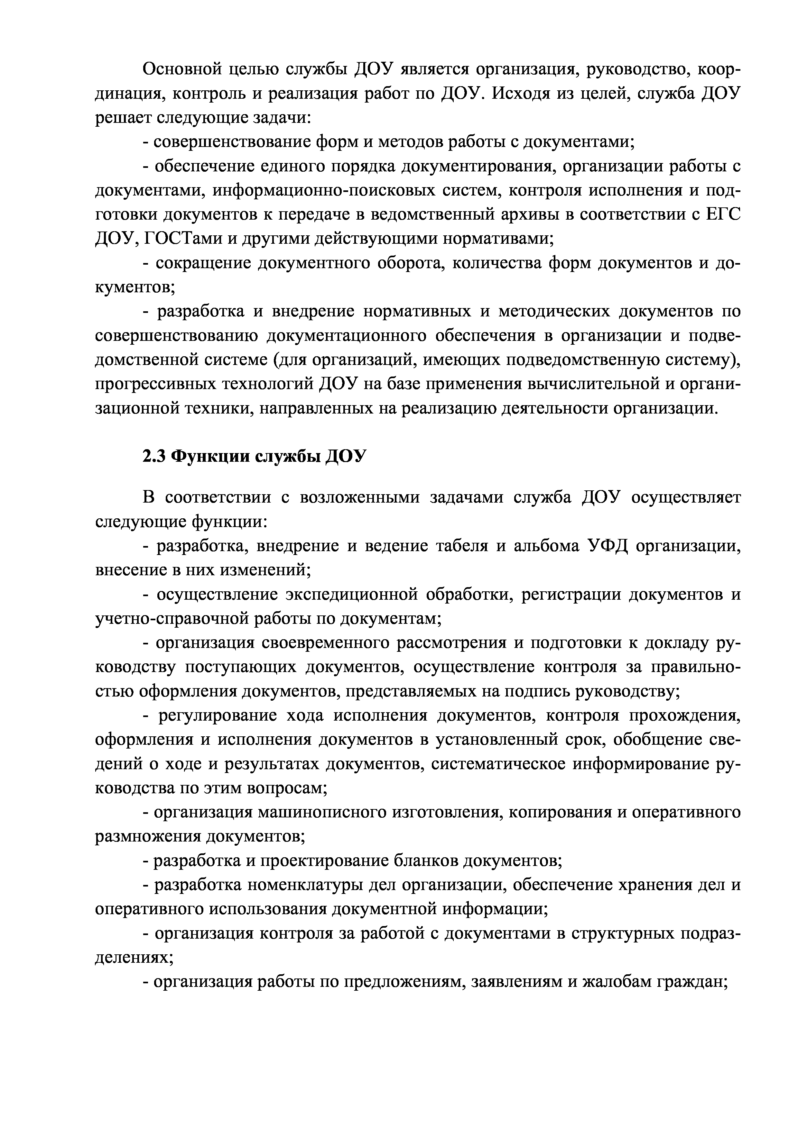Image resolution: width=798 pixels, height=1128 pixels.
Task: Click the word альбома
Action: (x=545, y=546)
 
